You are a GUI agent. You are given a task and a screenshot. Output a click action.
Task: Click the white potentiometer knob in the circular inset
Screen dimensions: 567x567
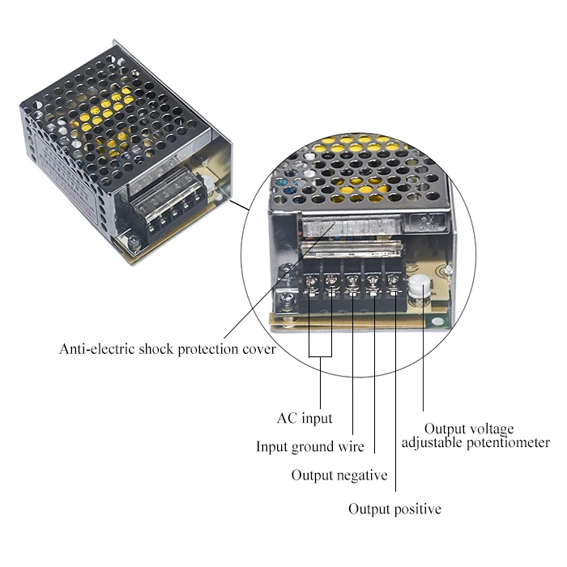(420, 287)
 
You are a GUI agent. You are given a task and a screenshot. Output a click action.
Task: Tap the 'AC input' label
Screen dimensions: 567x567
(305, 419)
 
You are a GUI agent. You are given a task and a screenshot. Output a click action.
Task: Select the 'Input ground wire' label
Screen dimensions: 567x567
(310, 446)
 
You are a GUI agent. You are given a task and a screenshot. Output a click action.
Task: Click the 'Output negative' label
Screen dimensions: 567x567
(339, 475)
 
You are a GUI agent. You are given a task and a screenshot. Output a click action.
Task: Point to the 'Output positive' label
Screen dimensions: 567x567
(394, 509)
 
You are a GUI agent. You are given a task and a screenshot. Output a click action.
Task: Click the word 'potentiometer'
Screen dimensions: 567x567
(510, 442)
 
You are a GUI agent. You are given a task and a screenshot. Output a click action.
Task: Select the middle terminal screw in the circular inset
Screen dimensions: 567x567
(352, 282)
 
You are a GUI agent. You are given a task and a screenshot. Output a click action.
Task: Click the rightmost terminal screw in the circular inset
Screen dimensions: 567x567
(393, 282)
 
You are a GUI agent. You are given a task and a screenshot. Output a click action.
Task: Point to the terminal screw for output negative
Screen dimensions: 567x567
(373, 282)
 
